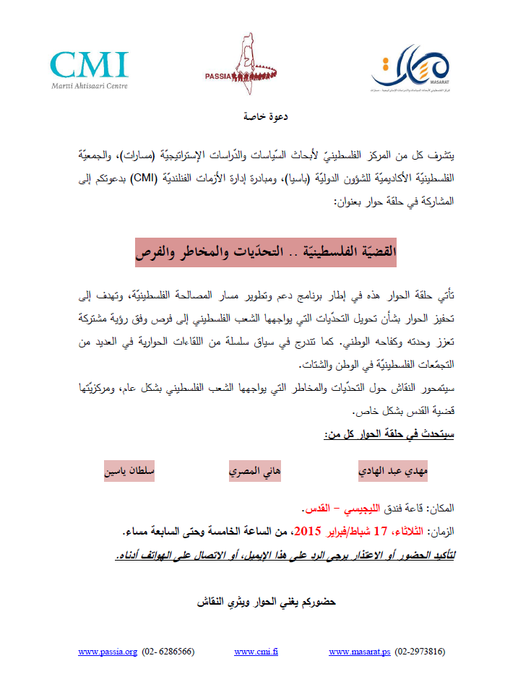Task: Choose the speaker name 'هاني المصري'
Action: tap(254, 471)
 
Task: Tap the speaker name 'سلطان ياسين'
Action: tap(131, 471)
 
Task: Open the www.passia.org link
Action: tap(108, 652)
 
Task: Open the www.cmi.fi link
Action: tap(256, 652)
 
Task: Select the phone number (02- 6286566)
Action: tap(168, 652)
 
